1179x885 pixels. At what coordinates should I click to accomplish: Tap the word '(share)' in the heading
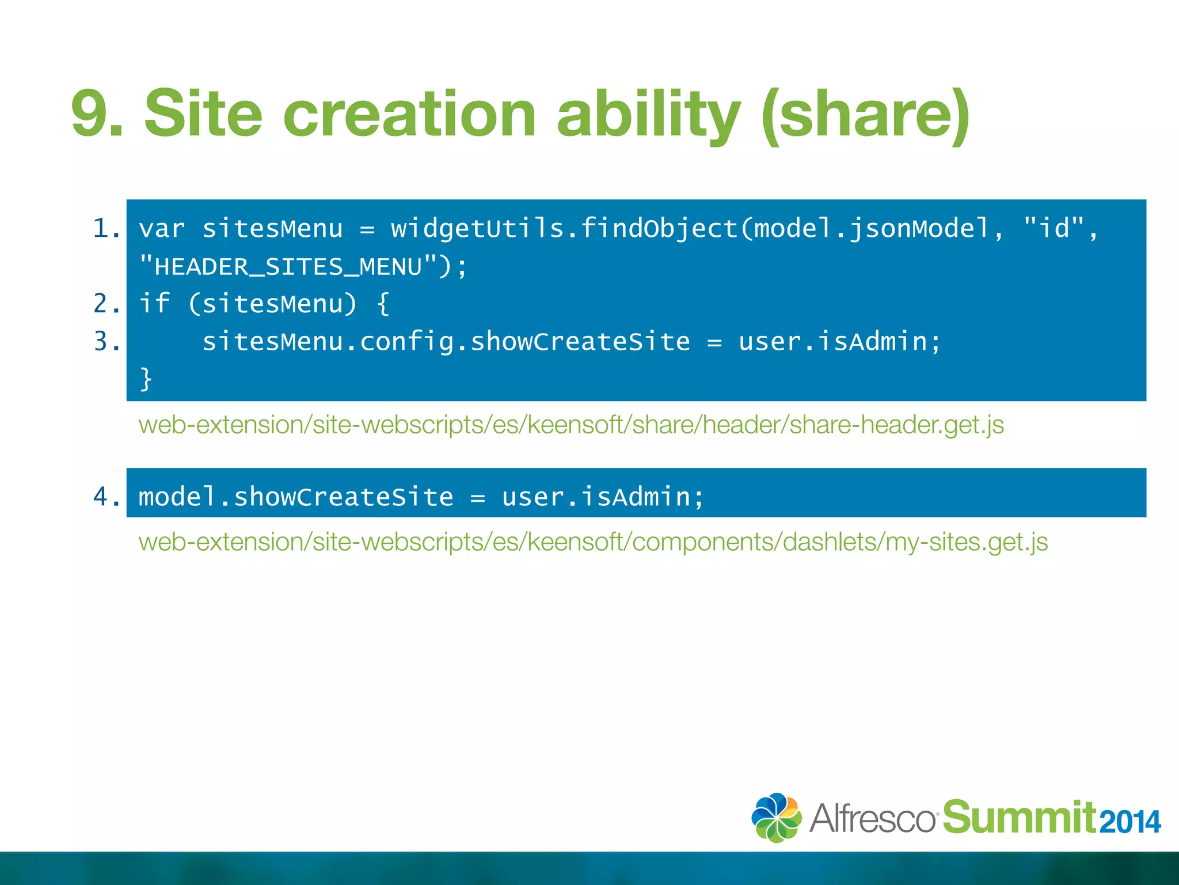point(865,115)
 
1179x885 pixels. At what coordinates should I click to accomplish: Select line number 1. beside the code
point(107,229)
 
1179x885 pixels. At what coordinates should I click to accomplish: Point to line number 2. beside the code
point(107,304)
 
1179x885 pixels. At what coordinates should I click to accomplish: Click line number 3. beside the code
point(107,341)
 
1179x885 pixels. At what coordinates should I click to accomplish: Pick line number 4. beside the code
point(107,497)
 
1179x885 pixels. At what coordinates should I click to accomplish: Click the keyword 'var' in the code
point(162,229)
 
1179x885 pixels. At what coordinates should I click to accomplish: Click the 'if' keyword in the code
point(154,304)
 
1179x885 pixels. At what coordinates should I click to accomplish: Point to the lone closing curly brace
point(146,379)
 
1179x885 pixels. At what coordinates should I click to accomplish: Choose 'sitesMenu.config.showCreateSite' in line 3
point(446,342)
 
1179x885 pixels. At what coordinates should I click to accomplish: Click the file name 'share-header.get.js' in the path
point(896,425)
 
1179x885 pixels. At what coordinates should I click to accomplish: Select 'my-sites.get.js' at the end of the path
point(967,542)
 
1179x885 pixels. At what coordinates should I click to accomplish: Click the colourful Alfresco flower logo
point(777,817)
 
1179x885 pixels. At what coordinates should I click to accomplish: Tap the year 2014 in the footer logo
point(1129,822)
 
